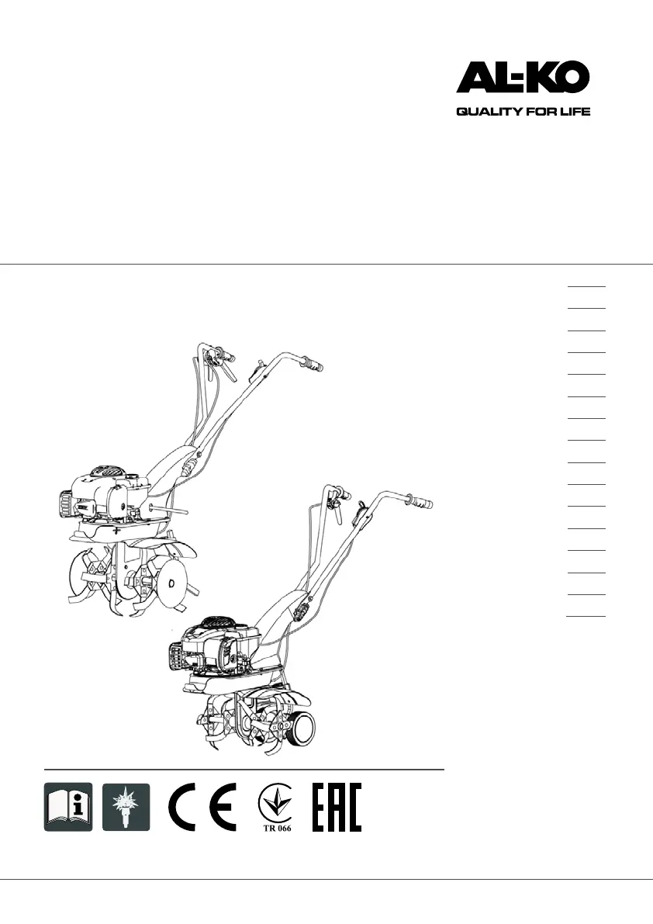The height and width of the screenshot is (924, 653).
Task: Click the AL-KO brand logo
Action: (x=523, y=78)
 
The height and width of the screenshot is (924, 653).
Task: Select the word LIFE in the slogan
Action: (x=575, y=112)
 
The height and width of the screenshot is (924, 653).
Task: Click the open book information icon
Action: (x=67, y=806)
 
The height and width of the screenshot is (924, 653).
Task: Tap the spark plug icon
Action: (x=126, y=806)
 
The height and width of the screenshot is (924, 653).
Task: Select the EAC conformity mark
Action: (x=337, y=806)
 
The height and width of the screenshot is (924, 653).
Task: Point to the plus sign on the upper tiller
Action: (x=116, y=531)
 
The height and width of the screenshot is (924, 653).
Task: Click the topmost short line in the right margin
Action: (x=586, y=286)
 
